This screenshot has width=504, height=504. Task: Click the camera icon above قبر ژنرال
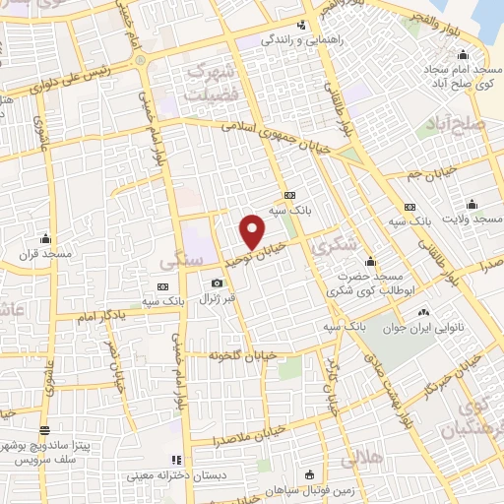[217, 284]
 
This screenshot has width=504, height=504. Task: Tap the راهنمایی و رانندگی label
[297, 41]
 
